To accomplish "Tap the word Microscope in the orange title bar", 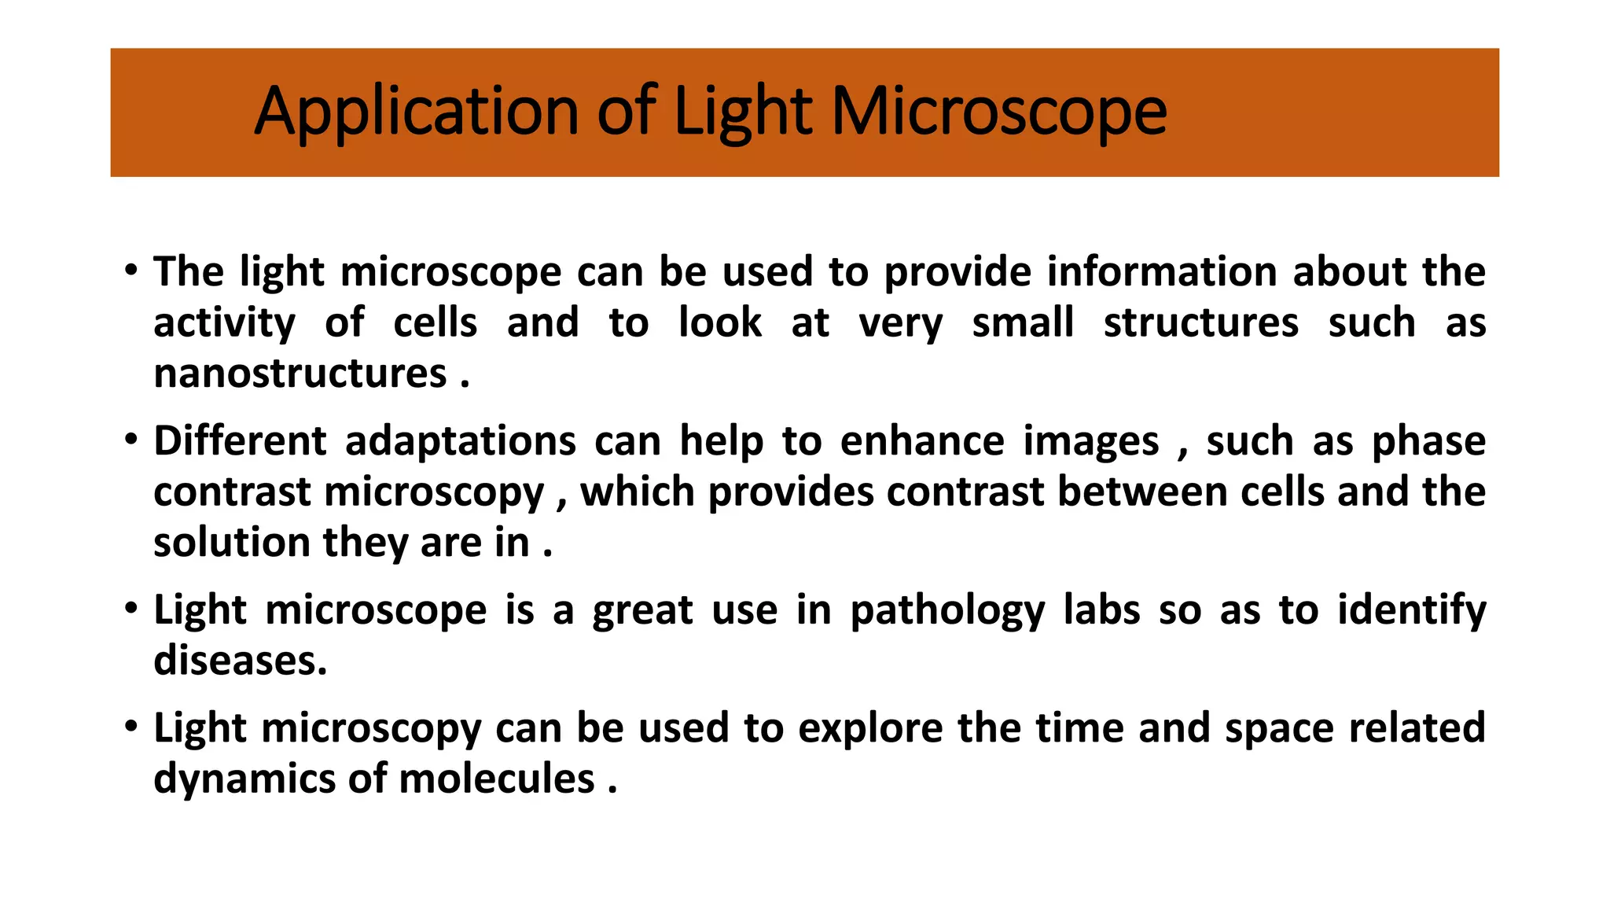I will pyautogui.click(x=998, y=112).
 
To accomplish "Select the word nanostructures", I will pyautogui.click(x=300, y=374).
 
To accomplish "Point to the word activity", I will pyautogui.click(x=224, y=323).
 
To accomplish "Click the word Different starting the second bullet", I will pyautogui.click(x=239, y=441).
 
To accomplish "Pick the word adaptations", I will pyautogui.click(x=461, y=441).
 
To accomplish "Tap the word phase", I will pyautogui.click(x=1428, y=441).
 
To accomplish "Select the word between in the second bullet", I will pyautogui.click(x=1142, y=492).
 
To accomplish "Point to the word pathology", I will pyautogui.click(x=948, y=611).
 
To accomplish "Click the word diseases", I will pyautogui.click(x=240, y=661).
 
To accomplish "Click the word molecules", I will pyautogui.click(x=496, y=779).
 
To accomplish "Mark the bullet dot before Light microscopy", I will pyautogui.click(x=131, y=725).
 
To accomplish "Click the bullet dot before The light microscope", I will pyautogui.click(x=131, y=270).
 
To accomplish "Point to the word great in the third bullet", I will pyautogui.click(x=642, y=611).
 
